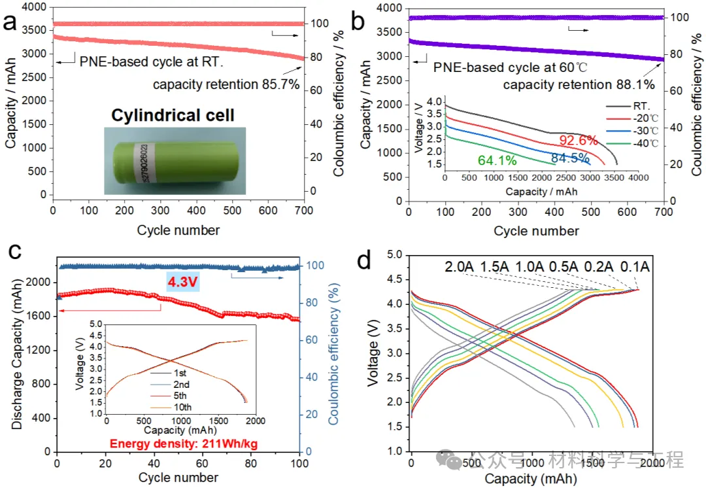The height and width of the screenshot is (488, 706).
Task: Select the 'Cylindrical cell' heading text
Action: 173,116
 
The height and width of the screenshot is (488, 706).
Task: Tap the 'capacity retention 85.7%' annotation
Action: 226,84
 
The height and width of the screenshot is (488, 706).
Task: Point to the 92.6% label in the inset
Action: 579,140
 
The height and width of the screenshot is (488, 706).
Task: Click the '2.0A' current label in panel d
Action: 460,266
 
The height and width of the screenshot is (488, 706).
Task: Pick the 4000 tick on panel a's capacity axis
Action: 34,7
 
